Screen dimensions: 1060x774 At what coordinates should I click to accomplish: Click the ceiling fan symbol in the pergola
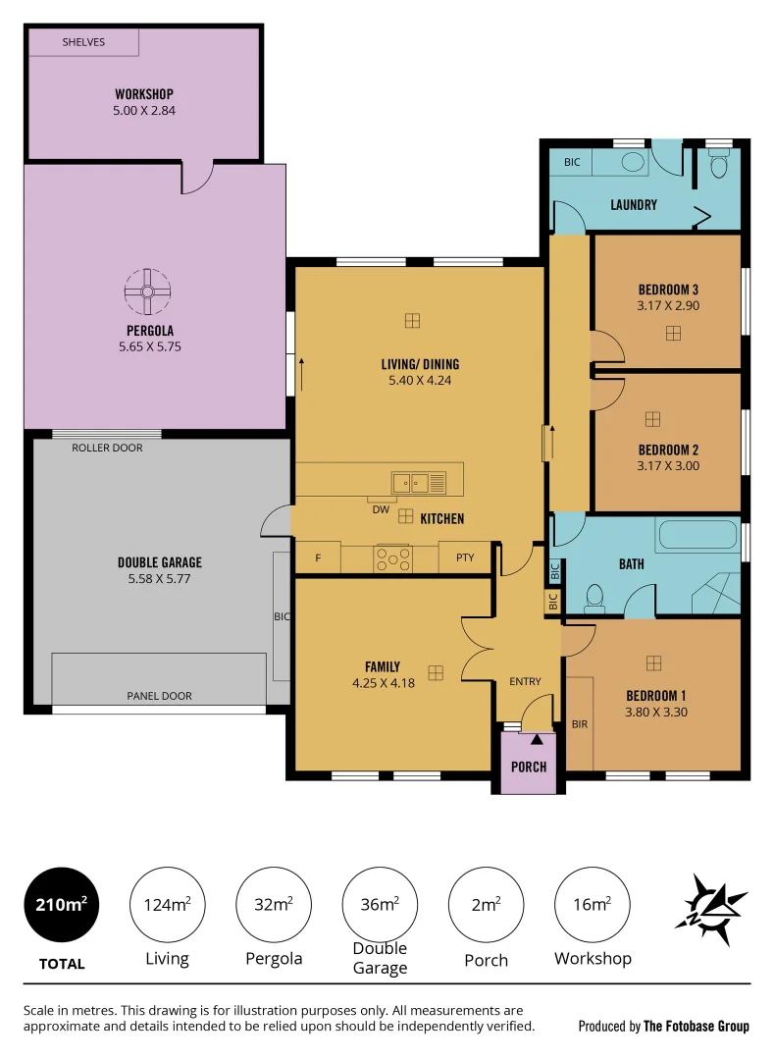[147, 291]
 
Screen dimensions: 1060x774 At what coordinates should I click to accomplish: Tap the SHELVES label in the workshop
[83, 42]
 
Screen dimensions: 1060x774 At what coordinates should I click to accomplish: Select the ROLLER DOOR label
[107, 448]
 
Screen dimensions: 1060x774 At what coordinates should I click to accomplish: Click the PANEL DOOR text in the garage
[159, 696]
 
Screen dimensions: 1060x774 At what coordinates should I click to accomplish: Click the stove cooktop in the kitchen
[393, 557]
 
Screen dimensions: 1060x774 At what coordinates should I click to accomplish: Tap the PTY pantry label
[465, 557]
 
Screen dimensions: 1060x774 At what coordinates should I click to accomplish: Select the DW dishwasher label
[381, 509]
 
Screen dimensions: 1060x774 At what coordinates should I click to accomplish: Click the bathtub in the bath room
[697, 535]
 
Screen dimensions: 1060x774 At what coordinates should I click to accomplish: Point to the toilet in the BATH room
[593, 596]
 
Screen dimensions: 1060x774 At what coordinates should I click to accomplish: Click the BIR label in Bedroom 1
[579, 723]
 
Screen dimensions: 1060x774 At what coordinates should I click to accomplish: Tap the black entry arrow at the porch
[536, 739]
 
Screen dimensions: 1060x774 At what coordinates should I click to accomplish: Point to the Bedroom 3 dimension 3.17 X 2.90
[668, 306]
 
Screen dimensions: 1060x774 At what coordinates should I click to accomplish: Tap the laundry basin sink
[634, 162]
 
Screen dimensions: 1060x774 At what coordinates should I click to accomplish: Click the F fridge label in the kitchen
[318, 557]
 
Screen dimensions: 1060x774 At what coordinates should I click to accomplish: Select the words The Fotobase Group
[696, 1027]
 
